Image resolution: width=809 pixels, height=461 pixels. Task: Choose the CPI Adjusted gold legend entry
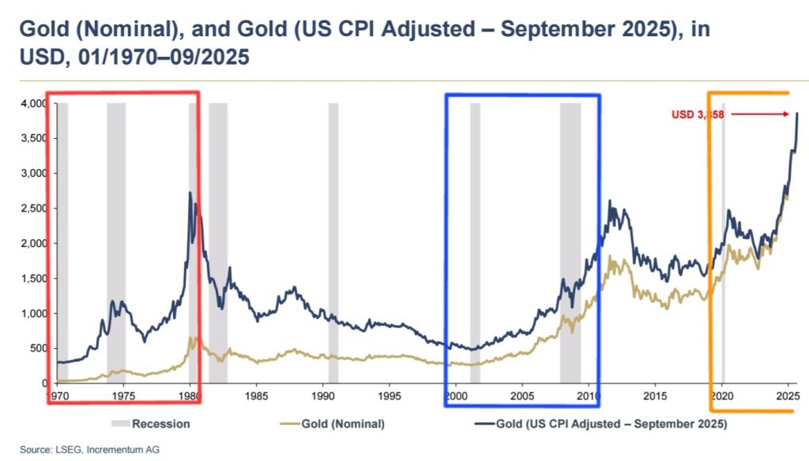600,424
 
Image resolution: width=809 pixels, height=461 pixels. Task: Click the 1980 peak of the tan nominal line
190,338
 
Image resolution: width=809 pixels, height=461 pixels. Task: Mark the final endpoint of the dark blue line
797,113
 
